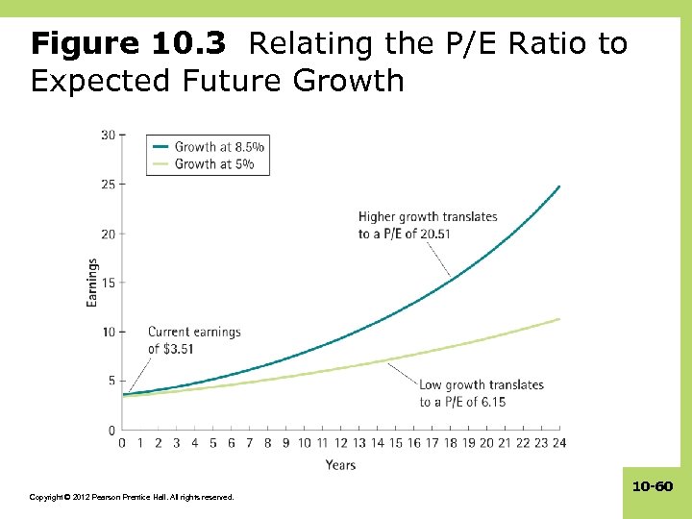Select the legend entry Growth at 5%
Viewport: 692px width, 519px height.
point(214,164)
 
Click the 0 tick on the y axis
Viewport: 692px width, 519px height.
point(111,430)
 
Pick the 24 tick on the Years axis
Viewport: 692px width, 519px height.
point(559,443)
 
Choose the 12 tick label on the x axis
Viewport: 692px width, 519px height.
point(340,443)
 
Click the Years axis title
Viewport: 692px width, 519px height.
point(340,465)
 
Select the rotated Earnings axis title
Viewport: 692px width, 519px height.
point(92,283)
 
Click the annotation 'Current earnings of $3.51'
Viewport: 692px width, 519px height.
point(193,340)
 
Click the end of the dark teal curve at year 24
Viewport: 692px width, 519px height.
point(559,186)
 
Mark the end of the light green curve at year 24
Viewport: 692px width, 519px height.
point(559,319)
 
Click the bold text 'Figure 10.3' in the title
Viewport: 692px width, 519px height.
point(129,43)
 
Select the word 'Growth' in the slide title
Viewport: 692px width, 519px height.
point(350,81)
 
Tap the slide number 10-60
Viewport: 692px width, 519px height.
point(653,487)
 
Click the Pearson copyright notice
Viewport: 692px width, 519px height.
point(131,497)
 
